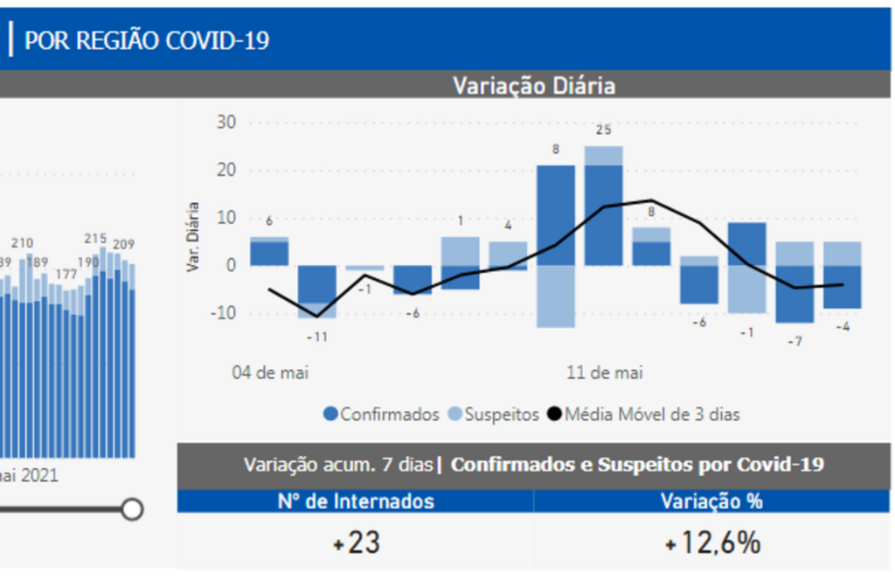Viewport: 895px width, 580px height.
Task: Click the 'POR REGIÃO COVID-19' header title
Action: (147, 39)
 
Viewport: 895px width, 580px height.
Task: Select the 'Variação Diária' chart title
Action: (533, 86)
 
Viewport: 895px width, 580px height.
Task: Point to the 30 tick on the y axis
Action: (226, 122)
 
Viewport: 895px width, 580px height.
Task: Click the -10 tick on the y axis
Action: (223, 313)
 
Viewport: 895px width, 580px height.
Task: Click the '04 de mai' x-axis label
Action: (270, 373)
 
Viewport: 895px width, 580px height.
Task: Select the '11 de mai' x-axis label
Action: (605, 373)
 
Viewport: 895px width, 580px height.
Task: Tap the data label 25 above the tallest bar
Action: (603, 130)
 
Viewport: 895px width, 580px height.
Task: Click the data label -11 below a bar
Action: (317, 336)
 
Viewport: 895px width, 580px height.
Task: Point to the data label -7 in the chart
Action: (794, 341)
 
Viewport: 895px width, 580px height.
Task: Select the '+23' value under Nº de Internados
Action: (357, 543)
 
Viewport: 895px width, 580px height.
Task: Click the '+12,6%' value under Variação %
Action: (712, 543)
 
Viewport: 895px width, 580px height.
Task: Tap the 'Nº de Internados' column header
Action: (356, 501)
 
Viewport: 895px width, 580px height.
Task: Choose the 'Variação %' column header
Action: (711, 501)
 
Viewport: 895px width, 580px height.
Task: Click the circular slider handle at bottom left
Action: (132, 509)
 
